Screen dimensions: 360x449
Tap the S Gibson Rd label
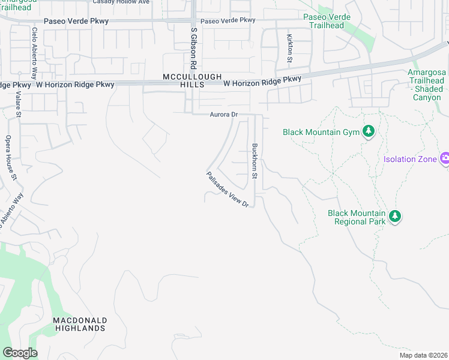pos(193,47)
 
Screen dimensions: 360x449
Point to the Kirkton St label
pos(289,48)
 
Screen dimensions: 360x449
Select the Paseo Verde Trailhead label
pos(324,22)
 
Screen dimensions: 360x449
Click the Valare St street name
pos(19,103)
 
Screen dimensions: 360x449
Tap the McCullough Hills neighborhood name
pos(192,80)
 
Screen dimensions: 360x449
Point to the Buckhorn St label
pos(255,161)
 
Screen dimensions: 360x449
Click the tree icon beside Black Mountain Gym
pos(369,132)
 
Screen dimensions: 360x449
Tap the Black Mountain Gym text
pos(321,132)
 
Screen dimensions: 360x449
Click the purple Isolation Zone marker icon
pos(445,159)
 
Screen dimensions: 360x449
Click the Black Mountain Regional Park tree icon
pos(395,217)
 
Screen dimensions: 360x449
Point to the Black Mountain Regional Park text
pos(356,217)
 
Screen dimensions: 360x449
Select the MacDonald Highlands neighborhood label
pos(80,324)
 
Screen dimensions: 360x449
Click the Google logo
pos(20,353)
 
